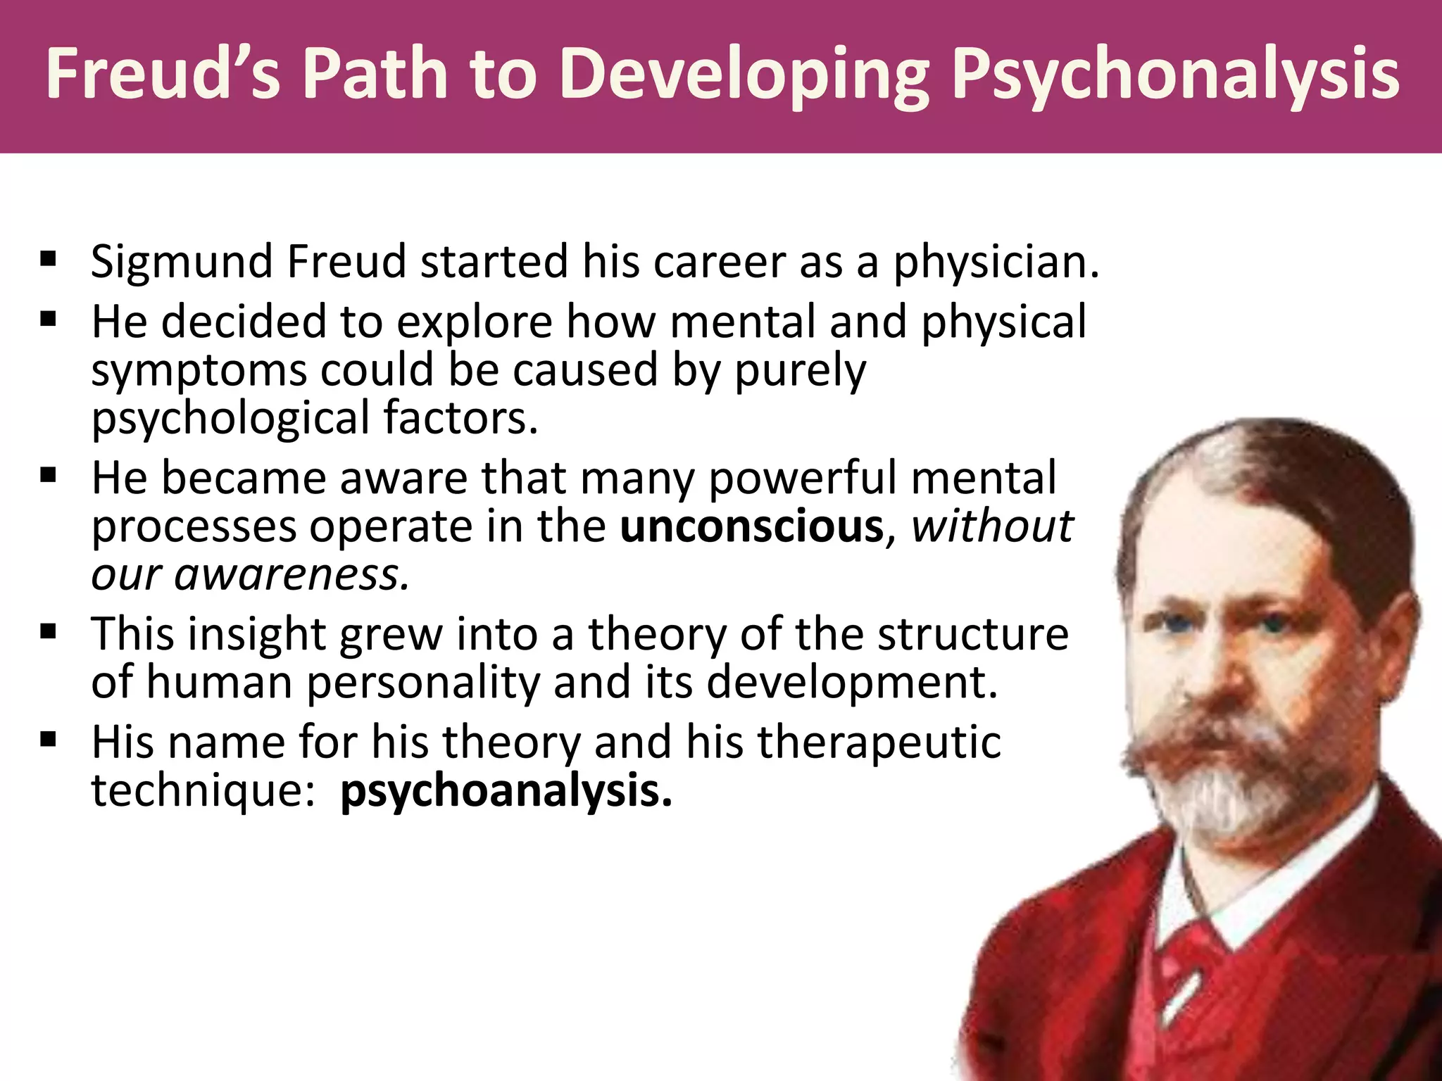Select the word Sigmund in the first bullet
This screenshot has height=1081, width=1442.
pyautogui.click(x=182, y=263)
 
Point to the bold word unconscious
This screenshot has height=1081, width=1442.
pyautogui.click(x=751, y=526)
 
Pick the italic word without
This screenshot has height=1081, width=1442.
pyautogui.click(x=992, y=526)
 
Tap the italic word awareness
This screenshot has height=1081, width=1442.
pyautogui.click(x=291, y=574)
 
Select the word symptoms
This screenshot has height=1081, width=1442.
pyautogui.click(x=199, y=371)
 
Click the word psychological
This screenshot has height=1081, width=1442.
pyautogui.click(x=230, y=419)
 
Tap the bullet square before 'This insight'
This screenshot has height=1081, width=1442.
pyautogui.click(x=48, y=631)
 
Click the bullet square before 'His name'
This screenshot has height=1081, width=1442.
pyautogui.click(x=48, y=740)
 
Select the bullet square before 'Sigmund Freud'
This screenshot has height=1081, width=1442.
pyautogui.click(x=48, y=260)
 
